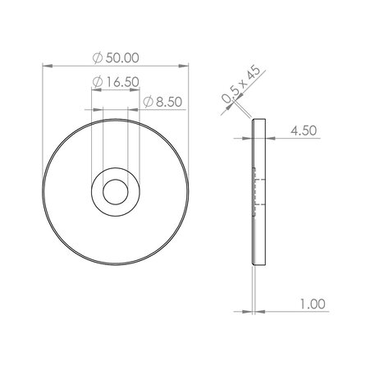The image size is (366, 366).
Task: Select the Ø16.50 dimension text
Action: click(x=117, y=81)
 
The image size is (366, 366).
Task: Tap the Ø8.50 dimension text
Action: click(x=161, y=102)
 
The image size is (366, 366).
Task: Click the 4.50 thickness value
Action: click(x=304, y=129)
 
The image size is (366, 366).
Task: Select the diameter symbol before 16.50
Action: click(x=98, y=81)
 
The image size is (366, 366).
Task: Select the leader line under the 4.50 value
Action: click(x=295, y=139)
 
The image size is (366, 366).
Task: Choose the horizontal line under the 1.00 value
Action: click(x=295, y=313)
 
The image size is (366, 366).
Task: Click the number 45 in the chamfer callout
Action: click(x=252, y=74)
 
